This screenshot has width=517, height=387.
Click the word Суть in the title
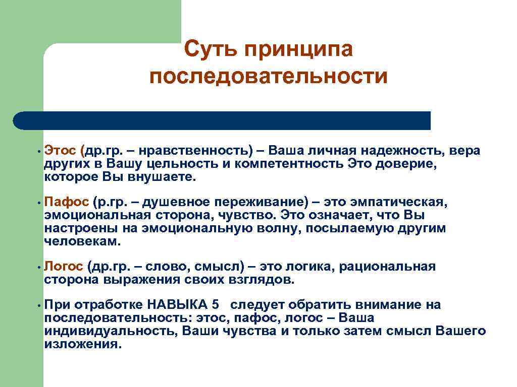[x=210, y=50]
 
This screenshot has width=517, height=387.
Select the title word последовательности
[x=268, y=77]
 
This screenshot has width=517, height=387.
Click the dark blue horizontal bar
[x=222, y=121]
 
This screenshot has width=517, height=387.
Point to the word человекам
[x=82, y=241]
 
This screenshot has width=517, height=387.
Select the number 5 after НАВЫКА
[x=216, y=305]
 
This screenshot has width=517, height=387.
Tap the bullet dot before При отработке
[x=38, y=305]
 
